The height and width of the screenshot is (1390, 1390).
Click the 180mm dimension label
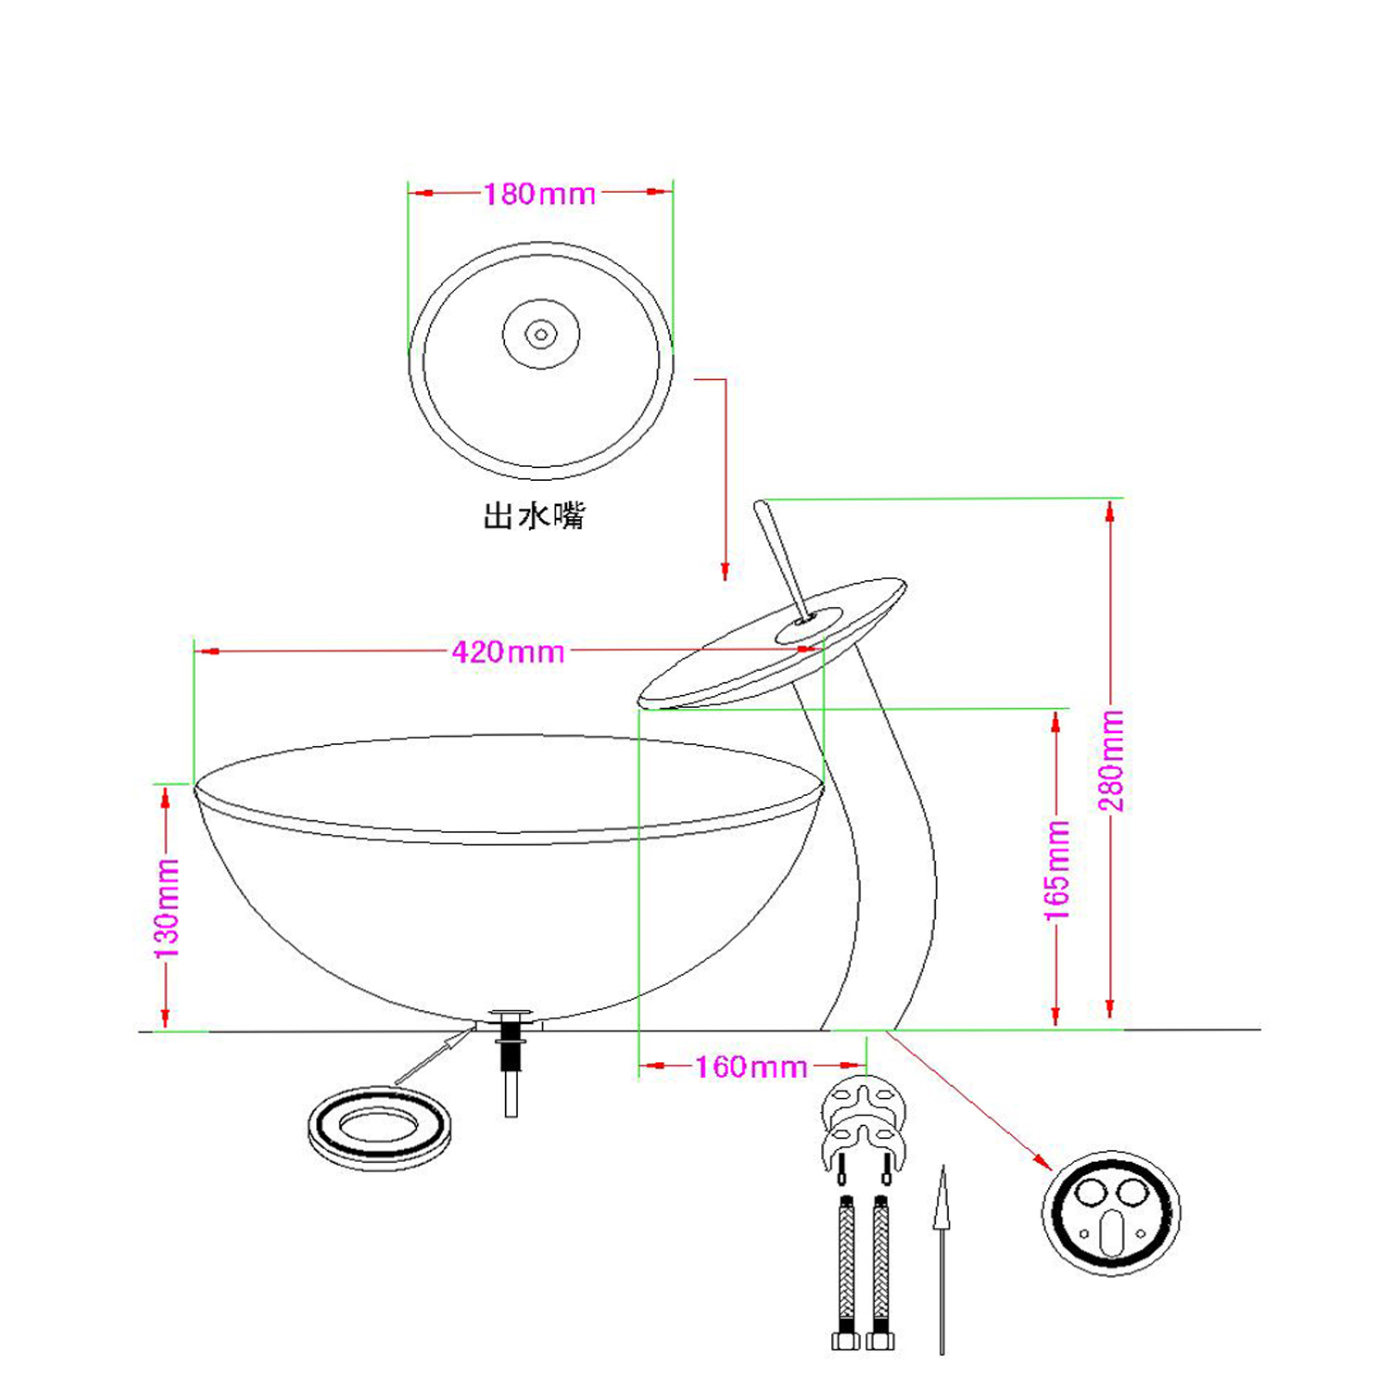539,194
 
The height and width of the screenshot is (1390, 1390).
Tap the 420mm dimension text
508,651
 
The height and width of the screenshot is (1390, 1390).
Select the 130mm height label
167,908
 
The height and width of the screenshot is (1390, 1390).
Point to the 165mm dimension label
1057,870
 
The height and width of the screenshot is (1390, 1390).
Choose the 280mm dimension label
1111,761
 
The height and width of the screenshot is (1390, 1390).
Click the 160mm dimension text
752,1067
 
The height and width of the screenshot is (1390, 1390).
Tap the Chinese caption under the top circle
534,515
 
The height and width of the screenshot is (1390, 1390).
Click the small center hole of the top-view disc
541,334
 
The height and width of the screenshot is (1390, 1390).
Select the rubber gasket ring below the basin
380,1128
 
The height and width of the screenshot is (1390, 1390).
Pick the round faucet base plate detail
1112,1213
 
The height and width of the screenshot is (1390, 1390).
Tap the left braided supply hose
845,1273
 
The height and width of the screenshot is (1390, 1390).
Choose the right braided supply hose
880,1273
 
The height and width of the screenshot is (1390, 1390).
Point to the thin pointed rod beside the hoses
942,1260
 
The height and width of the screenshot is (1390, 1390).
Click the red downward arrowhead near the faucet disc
726,570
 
